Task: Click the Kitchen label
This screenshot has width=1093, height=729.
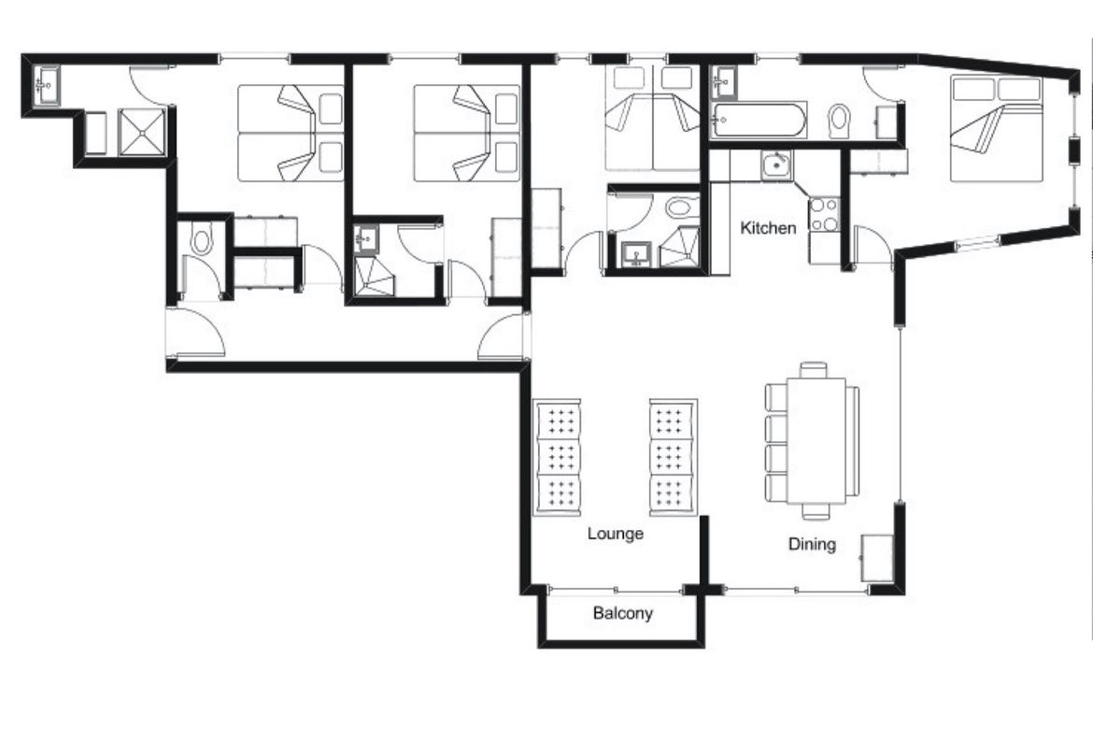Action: point(768,228)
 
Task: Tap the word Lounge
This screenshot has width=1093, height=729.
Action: point(615,535)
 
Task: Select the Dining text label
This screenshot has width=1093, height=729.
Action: point(812,544)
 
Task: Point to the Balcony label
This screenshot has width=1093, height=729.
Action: point(622,613)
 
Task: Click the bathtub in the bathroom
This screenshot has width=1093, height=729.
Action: point(758,120)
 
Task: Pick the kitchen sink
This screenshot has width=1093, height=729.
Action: point(776,166)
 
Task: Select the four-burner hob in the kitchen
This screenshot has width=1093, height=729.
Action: point(823,215)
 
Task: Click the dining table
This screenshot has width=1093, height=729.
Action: point(816,440)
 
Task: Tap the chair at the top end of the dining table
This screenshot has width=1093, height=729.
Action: point(814,370)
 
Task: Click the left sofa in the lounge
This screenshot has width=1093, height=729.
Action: point(557,458)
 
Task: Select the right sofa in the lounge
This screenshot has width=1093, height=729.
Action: point(674,458)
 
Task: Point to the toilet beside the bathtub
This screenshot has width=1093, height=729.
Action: point(840,121)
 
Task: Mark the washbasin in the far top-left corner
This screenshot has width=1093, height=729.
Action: point(46,85)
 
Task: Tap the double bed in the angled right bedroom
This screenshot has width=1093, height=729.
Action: point(997,129)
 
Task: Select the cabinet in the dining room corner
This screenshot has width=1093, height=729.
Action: point(877,558)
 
